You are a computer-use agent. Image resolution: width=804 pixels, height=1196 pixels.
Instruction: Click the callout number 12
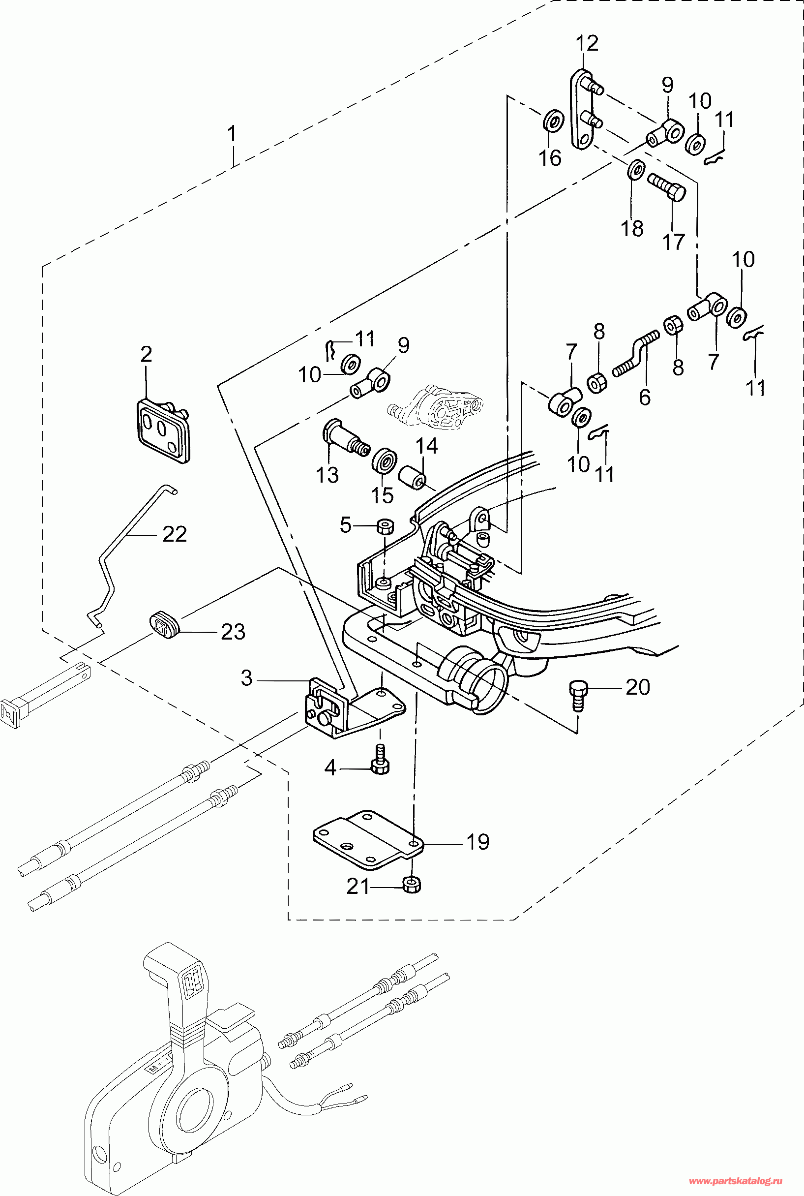[587, 44]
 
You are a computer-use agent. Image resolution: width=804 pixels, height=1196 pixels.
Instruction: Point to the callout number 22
[175, 534]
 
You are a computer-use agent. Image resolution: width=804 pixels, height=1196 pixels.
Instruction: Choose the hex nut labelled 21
[412, 885]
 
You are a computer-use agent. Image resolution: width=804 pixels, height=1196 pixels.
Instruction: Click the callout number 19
[477, 842]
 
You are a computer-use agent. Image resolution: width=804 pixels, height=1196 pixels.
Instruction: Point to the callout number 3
[247, 678]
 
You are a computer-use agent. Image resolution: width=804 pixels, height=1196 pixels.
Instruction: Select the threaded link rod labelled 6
[636, 354]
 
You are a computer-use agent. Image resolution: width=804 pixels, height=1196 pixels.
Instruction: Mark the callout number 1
[232, 134]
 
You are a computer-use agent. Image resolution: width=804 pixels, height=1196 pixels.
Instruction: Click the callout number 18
[632, 228]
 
